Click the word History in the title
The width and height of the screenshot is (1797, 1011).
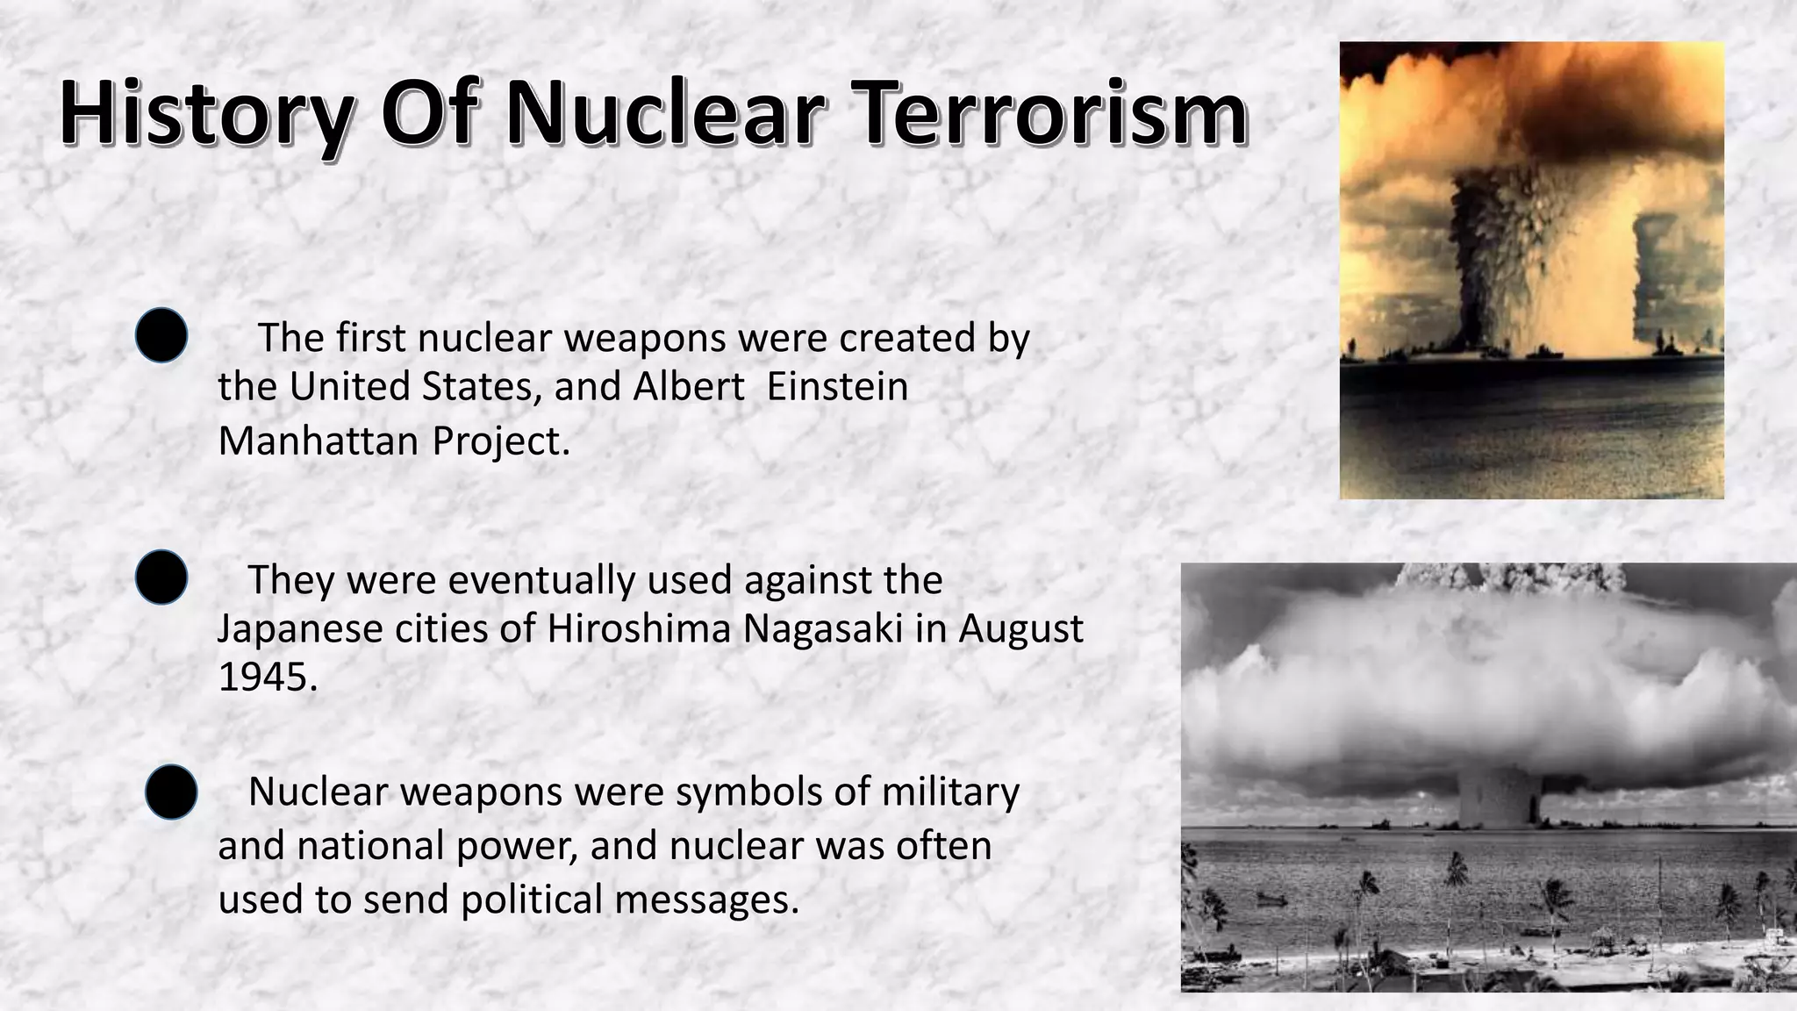(207, 114)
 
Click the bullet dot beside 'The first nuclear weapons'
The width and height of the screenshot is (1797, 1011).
(161, 335)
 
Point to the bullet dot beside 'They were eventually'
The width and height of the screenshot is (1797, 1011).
(161, 577)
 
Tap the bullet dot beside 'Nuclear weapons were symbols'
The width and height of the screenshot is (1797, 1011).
(171, 792)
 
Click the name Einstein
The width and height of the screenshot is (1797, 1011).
(837, 387)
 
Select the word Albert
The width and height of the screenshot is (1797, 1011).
(690, 387)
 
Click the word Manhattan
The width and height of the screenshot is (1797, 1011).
(318, 441)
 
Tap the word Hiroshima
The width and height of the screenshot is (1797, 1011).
(640, 629)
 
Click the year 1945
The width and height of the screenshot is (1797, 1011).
(267, 678)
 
